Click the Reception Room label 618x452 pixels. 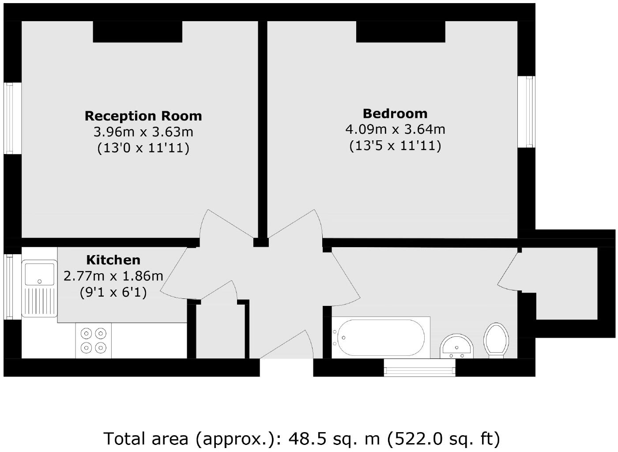click(143, 116)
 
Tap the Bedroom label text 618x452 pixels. click(395, 113)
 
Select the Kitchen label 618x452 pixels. click(113, 260)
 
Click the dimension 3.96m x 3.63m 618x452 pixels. click(143, 132)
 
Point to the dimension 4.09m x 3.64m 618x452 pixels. click(395, 129)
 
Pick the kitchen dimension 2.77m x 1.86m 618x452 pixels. click(113, 276)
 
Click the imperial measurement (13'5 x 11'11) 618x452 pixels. click(395, 145)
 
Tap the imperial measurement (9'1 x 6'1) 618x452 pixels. click(113, 292)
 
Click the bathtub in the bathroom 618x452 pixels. click(380, 338)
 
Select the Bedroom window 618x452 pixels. click(527, 112)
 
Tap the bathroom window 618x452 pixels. click(419, 367)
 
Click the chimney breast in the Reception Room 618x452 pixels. click(137, 32)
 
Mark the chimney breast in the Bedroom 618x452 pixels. click(400, 32)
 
